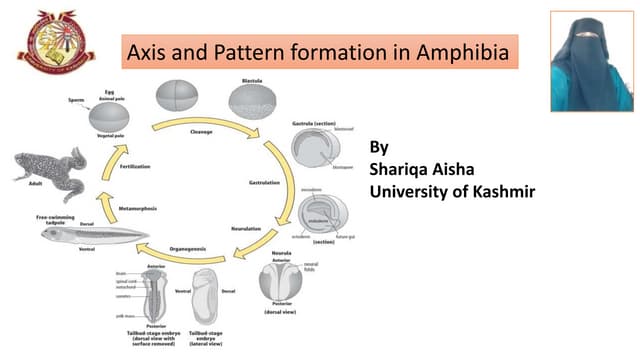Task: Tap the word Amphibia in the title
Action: pyautogui.click(x=468, y=50)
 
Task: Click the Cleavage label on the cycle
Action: pyautogui.click(x=201, y=131)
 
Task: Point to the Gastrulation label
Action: pyautogui.click(x=269, y=183)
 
